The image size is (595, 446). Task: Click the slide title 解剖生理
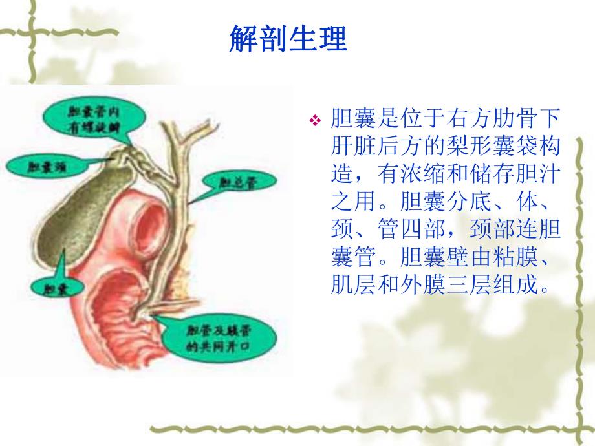[288, 39]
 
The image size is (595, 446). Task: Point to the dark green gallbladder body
[71, 213]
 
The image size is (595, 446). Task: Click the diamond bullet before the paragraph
[316, 120]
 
